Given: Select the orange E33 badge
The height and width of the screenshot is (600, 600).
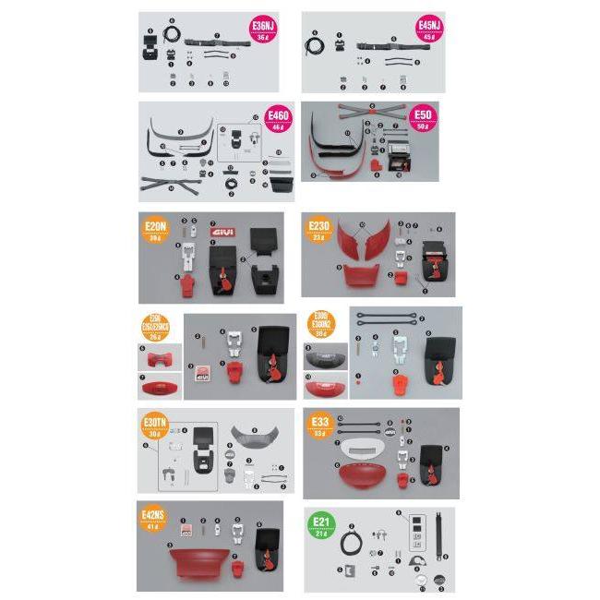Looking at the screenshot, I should (x=319, y=426).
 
